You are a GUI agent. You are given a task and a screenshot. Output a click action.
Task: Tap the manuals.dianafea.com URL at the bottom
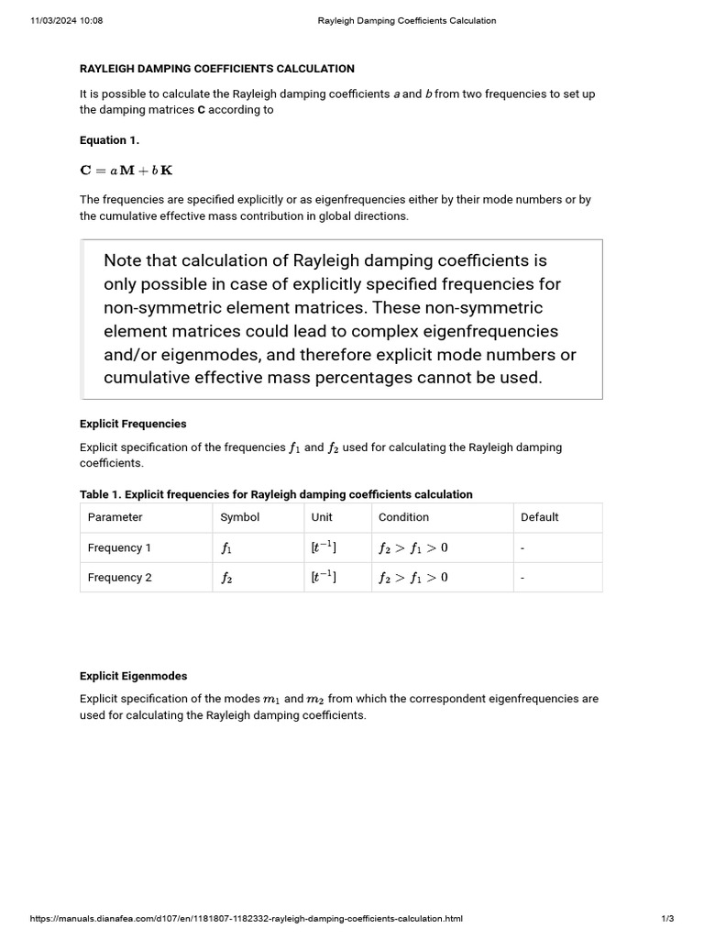point(247,918)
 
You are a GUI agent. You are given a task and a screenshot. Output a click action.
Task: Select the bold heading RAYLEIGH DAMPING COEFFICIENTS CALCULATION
point(217,69)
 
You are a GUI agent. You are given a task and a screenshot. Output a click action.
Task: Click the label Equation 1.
point(109,140)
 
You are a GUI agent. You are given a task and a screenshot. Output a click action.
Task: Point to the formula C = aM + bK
point(126,171)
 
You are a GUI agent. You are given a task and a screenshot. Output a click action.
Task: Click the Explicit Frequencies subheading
point(133,424)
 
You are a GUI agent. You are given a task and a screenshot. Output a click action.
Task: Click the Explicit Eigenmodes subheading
point(133,676)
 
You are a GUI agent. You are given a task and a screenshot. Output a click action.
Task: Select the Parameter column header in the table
point(115,517)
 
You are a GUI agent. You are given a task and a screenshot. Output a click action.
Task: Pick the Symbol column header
point(240,517)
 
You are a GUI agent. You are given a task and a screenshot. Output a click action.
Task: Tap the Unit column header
point(322,517)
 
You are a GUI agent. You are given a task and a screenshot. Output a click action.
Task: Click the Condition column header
point(404,517)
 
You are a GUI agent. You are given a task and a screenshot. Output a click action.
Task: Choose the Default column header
point(540,517)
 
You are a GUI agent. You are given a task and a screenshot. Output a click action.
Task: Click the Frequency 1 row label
point(119,547)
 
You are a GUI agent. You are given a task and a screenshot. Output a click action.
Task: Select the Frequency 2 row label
point(119,578)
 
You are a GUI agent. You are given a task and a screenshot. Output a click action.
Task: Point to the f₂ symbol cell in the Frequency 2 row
point(226,578)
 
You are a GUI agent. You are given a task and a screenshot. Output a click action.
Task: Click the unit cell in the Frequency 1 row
point(324,547)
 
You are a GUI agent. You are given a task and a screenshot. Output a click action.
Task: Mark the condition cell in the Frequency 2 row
point(413,578)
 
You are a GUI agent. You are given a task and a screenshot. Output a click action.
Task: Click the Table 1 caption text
point(276,494)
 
